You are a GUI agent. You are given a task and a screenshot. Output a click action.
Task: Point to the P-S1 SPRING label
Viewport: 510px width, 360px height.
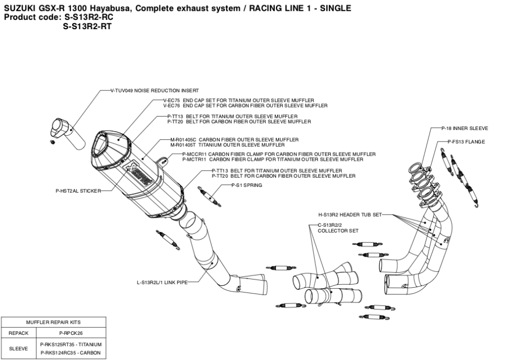(x=246, y=185)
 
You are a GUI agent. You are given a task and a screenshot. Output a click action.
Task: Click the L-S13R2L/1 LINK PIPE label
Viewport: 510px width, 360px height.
(x=158, y=282)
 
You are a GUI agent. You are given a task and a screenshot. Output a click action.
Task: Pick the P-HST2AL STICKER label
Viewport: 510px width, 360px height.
(x=78, y=191)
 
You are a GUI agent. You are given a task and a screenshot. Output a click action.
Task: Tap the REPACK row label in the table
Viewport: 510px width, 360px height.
(x=18, y=333)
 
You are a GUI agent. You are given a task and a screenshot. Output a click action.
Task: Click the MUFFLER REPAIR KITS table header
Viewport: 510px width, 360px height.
(x=53, y=322)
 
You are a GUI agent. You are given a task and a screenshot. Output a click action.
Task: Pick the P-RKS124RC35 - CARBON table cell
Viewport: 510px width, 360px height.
(x=70, y=353)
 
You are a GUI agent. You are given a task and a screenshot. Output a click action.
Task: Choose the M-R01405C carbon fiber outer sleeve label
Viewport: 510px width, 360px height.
(x=234, y=139)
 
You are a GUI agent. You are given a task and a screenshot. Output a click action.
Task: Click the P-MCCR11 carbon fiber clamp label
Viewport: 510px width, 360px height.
(x=279, y=154)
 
